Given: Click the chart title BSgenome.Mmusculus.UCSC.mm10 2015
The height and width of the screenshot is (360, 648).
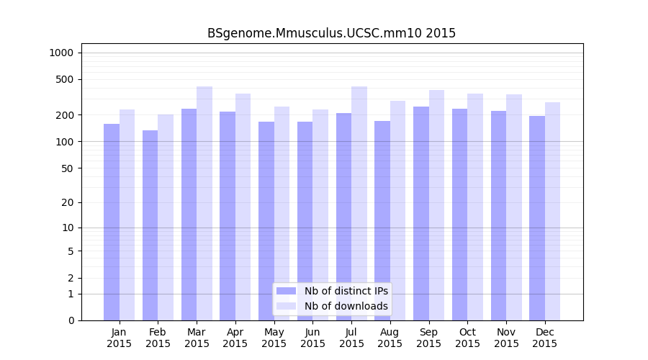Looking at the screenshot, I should point(331,33).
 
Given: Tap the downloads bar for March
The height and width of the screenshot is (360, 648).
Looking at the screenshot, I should point(204,203).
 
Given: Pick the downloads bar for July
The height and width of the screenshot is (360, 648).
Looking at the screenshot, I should point(359,203).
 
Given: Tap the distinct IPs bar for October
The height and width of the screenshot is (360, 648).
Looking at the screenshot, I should point(459,215).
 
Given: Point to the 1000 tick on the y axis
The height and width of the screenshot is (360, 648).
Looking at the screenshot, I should point(61,53).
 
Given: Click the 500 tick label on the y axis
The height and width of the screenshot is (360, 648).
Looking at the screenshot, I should point(65,79).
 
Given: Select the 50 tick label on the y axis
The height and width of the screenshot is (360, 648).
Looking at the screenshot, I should point(68,168).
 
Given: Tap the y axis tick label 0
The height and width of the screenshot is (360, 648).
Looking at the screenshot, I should point(71,320).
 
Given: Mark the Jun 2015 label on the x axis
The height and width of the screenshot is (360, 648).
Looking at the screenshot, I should point(312,338).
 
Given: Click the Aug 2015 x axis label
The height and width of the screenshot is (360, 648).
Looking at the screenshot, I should point(390,338).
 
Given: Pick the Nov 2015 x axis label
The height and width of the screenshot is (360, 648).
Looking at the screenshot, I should point(506,338).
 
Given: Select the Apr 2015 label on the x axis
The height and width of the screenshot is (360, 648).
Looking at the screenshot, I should point(235,338).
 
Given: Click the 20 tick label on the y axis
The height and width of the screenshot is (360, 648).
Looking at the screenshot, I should point(68,202).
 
